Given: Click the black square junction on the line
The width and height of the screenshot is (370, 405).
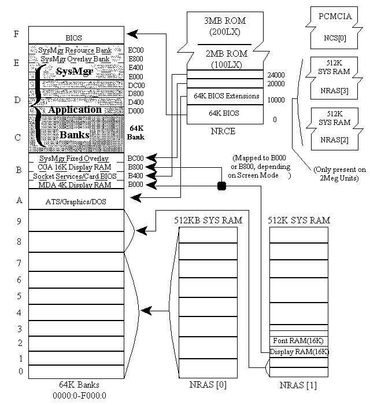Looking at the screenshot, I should [x=221, y=185].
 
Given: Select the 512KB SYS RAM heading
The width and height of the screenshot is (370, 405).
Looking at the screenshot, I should [x=208, y=220].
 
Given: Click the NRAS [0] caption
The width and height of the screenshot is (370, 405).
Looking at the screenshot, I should [x=208, y=385].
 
